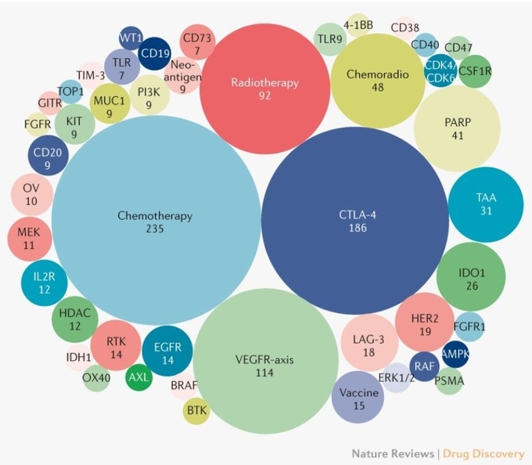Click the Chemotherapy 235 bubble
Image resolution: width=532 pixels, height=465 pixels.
point(156,221)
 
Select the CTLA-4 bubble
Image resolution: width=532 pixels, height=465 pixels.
point(355,221)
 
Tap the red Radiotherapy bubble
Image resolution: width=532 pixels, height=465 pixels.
point(264,89)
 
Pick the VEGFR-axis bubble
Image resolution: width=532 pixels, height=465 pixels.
point(268,361)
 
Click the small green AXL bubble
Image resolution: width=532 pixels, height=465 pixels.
point(138,377)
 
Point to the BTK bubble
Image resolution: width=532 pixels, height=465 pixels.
point(196,411)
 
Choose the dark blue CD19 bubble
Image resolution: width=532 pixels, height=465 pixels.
point(155,53)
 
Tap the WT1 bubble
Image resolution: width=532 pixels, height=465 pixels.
point(131,38)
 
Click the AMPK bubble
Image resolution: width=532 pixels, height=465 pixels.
point(455,354)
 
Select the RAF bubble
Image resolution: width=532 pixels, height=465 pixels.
point(424,366)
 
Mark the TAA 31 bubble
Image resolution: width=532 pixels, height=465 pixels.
point(486,204)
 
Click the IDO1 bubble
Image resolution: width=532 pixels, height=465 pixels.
point(471,277)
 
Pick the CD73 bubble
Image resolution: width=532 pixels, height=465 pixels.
point(197,42)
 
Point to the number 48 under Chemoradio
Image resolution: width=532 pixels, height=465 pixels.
point(378,87)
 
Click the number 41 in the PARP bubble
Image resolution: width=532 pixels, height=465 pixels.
point(458,135)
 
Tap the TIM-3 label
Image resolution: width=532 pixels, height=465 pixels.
point(91,75)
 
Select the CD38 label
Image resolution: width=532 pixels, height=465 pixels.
point(404,27)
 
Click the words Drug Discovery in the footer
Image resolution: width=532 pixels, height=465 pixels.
point(483,454)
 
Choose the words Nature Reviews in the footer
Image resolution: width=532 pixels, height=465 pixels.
point(393,454)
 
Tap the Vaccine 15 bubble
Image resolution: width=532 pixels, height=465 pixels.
point(358,398)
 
